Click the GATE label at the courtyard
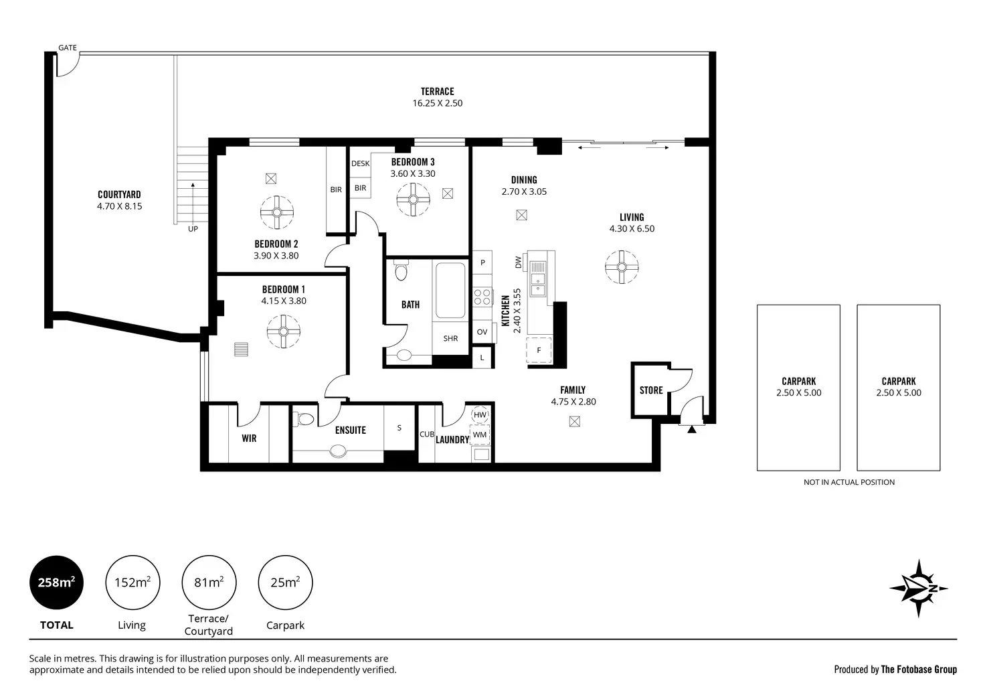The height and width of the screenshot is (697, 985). [x=68, y=48]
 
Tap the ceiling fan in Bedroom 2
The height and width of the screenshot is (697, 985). [x=276, y=212]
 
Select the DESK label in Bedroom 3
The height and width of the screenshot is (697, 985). [x=360, y=163]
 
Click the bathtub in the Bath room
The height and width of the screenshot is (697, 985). [x=450, y=291]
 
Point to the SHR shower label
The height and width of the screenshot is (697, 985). [x=450, y=338]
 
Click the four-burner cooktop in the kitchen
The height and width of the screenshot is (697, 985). [x=482, y=297]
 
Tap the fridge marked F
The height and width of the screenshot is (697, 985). [x=539, y=350]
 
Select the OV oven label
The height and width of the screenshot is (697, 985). [x=482, y=332]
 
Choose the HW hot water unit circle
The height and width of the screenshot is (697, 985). [x=480, y=414]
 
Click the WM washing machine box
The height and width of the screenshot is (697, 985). [x=479, y=435]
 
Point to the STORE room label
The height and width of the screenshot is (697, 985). [x=651, y=390]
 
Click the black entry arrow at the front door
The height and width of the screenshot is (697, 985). [x=692, y=429]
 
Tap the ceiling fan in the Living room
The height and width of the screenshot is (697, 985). [x=622, y=267]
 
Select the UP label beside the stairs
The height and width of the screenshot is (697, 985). [x=193, y=229]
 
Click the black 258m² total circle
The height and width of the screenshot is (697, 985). [x=56, y=583]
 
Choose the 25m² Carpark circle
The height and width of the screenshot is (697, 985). [x=285, y=583]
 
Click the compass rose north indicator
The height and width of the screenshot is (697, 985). [x=918, y=589]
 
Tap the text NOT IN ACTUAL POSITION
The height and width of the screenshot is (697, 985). [x=849, y=482]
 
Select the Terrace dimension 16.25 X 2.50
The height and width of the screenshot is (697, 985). [x=438, y=103]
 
